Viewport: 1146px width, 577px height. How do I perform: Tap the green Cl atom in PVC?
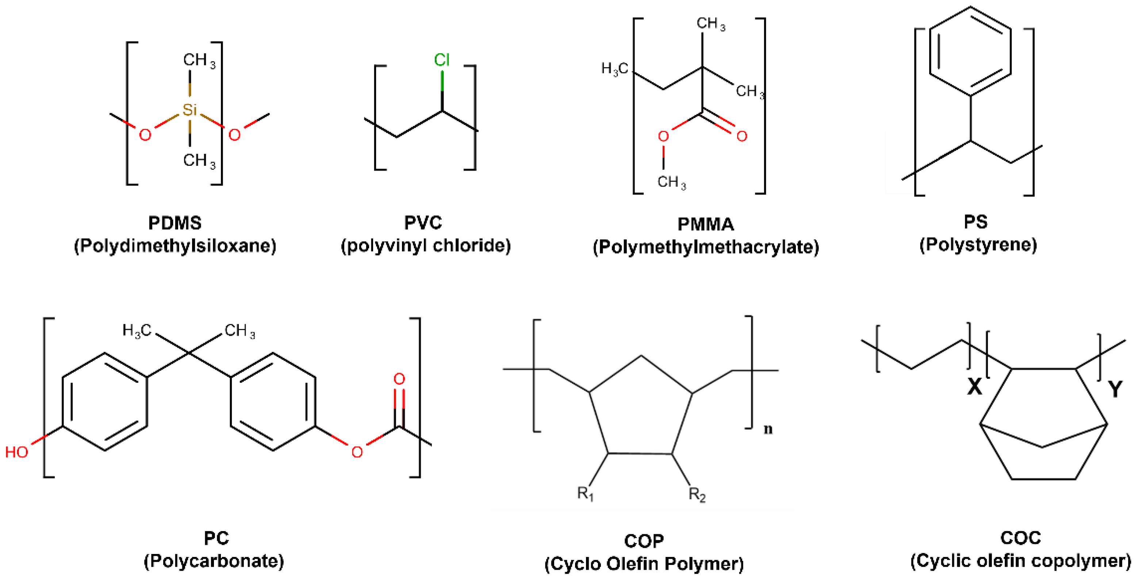442,60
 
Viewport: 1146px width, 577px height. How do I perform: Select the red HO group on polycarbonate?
17,452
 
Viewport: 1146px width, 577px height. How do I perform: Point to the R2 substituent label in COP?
697,494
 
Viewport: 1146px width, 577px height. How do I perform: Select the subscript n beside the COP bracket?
768,429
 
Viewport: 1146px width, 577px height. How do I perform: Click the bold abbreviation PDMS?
175,223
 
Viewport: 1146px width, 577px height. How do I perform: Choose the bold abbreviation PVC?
423,222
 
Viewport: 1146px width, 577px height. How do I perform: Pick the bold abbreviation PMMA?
706,224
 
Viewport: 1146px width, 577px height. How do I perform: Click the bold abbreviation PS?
976,222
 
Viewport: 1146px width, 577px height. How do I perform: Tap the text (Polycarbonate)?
214,561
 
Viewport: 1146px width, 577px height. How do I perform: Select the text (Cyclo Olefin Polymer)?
644,564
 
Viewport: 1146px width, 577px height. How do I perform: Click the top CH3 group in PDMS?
199,60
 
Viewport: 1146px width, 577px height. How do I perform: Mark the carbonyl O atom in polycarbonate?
399,379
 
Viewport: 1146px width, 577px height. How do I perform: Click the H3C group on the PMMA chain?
615,69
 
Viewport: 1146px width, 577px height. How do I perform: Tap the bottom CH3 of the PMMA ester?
672,182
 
